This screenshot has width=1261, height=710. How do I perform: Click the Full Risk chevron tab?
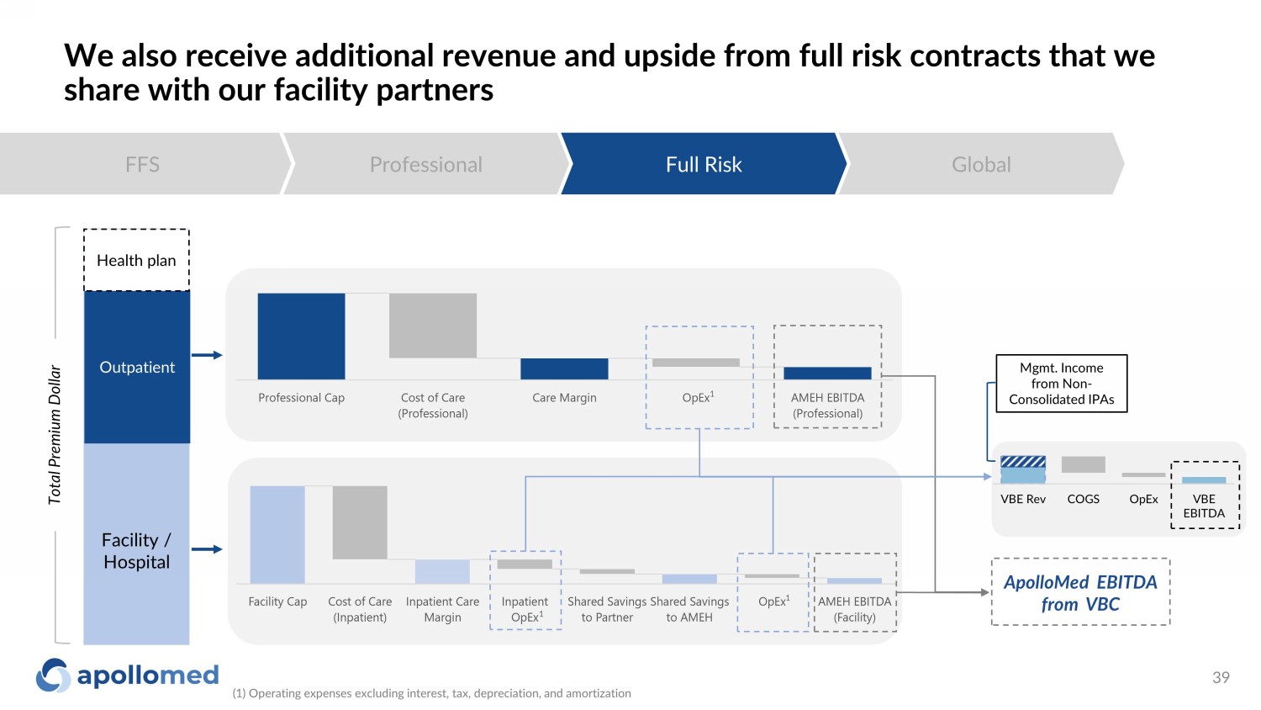[x=704, y=164]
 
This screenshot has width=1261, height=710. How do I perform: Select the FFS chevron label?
[x=142, y=165]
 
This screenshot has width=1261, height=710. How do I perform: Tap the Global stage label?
[x=981, y=165]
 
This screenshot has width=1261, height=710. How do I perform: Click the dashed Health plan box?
[x=136, y=260]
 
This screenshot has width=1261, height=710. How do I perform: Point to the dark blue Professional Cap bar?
[x=301, y=336]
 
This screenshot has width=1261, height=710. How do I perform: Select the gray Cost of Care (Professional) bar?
[x=433, y=326]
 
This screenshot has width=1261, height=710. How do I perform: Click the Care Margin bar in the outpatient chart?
[x=564, y=369]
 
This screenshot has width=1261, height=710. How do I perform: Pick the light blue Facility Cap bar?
[x=277, y=535]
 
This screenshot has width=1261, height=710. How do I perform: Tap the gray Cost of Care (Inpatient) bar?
[x=360, y=522]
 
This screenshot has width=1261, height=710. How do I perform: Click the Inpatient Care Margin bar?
[x=442, y=571]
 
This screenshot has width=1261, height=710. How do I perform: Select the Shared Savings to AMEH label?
[x=689, y=609]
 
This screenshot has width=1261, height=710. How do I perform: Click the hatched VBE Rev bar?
[x=1023, y=469]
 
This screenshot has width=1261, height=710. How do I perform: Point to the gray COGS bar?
[x=1083, y=464]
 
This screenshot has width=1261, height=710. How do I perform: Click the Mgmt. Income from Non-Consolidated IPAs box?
[x=1062, y=383]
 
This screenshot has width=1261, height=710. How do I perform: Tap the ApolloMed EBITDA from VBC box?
[x=1080, y=592]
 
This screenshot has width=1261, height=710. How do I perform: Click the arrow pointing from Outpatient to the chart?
[x=207, y=355]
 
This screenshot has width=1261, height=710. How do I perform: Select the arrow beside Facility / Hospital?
[x=207, y=549]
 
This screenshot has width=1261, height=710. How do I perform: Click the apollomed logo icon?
[x=54, y=675]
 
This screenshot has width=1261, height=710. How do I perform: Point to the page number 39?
[x=1221, y=677]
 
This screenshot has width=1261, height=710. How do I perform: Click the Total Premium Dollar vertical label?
[x=54, y=434]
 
